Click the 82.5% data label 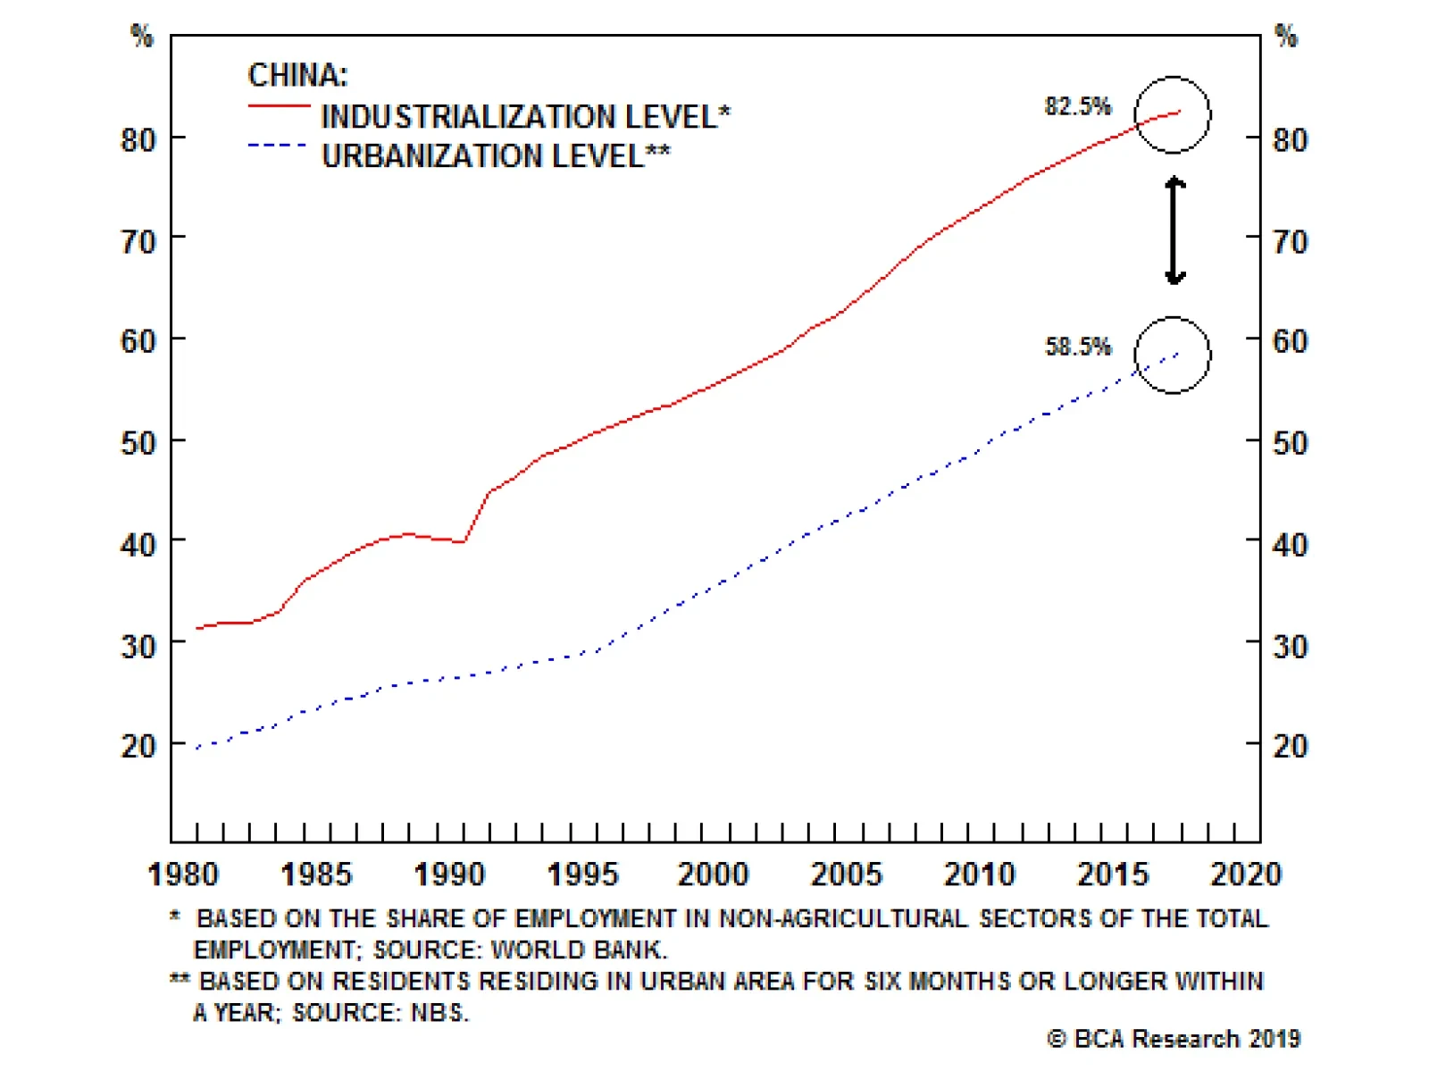tap(1077, 106)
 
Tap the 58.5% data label tap(1077, 347)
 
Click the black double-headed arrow tap(1175, 231)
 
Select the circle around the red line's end tap(1173, 115)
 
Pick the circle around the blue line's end tap(1173, 355)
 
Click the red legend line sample tap(279, 106)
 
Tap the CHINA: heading tap(297, 75)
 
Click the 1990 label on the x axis tap(449, 874)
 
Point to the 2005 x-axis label tap(846, 874)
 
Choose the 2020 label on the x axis tap(1245, 874)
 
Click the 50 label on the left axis tap(138, 443)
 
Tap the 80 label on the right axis tap(1290, 140)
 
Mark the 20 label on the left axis tap(138, 746)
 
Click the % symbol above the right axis tap(1285, 37)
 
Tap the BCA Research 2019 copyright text tap(1174, 1039)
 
